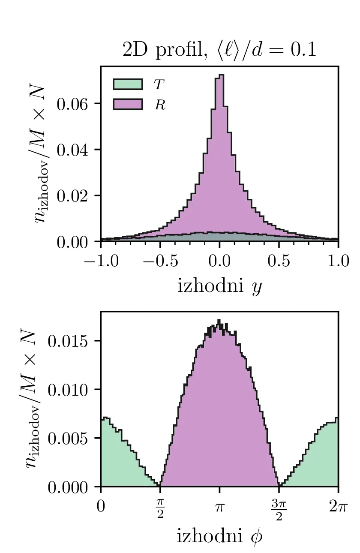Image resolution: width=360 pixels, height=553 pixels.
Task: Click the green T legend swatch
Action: (128, 84)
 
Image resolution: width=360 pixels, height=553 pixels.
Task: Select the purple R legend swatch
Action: (128, 104)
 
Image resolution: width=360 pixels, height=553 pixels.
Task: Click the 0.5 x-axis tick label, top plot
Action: (279, 261)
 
